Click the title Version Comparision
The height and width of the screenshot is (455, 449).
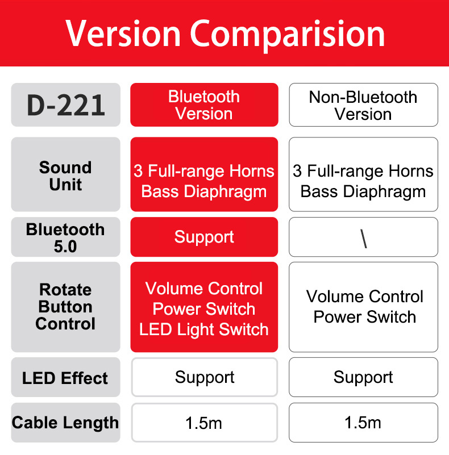pos(225,34)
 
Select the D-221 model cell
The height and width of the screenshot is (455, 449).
pos(65,105)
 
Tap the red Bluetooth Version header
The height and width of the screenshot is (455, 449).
pos(204,105)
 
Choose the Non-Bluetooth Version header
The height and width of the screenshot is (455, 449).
pos(363,105)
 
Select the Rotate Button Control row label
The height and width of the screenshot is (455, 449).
pos(65,307)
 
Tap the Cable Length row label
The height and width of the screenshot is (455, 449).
pos(65,423)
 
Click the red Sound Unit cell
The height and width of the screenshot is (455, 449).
pos(204,174)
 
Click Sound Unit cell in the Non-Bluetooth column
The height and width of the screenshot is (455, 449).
pos(363,174)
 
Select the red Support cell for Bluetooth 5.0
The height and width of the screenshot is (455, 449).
pos(204,237)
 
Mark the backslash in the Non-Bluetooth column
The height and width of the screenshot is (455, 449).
pos(364,239)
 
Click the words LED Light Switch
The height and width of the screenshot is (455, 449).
pos(204,329)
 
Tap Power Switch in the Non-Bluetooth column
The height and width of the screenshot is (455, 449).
pos(365,316)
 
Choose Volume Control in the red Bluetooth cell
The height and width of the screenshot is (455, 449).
pos(204,289)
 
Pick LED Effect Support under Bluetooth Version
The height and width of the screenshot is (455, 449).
pos(205,377)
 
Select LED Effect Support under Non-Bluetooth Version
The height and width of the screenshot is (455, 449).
pos(363,377)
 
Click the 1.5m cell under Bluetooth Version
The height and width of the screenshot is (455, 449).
pos(205,423)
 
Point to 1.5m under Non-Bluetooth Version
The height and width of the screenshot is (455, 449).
pos(363,423)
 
